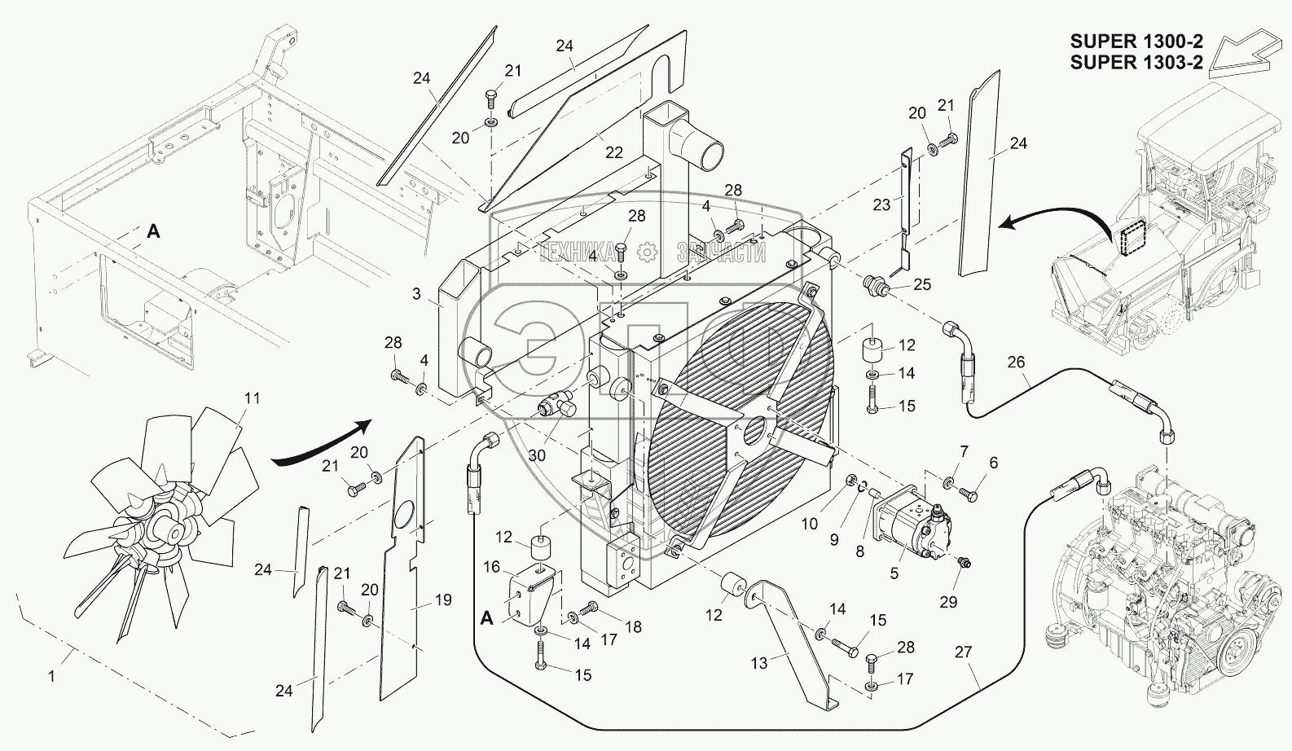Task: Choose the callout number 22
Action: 614,152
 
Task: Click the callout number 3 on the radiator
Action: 416,293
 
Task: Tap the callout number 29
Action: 948,602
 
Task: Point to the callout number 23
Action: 881,206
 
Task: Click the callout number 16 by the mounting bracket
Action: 491,565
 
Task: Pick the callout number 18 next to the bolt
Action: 633,627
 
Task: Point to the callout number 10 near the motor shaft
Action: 809,524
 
